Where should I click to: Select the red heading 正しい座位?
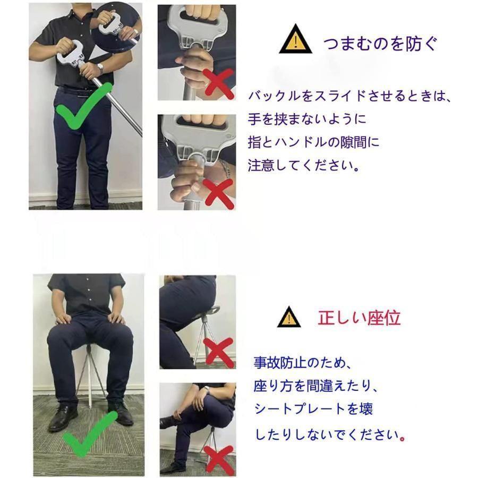[x=359, y=318]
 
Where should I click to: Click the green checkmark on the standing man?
[x=84, y=110]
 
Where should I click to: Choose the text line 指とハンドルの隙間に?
[x=314, y=142]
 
